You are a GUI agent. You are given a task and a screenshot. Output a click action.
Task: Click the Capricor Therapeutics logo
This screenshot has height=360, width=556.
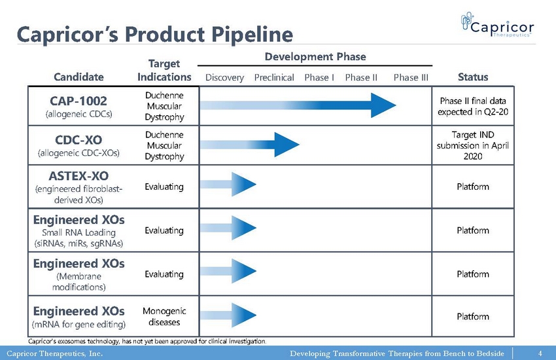click(498, 24)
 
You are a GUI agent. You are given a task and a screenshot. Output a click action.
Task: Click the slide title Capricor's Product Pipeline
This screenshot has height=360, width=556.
click(155, 35)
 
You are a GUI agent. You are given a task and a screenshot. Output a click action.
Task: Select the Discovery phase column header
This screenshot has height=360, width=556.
click(224, 77)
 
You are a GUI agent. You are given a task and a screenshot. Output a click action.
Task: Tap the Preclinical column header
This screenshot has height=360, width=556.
click(274, 77)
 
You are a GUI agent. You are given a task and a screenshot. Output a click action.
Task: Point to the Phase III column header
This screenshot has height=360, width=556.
click(411, 77)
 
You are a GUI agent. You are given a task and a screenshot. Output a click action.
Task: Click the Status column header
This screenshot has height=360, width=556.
click(473, 77)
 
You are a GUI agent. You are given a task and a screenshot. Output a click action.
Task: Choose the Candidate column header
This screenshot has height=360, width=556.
click(78, 77)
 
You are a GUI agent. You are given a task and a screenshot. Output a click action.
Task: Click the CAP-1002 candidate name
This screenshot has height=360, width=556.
click(78, 101)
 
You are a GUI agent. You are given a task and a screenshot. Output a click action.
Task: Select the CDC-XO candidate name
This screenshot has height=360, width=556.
click(78, 140)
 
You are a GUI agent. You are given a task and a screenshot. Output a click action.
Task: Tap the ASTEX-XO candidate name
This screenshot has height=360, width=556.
click(78, 176)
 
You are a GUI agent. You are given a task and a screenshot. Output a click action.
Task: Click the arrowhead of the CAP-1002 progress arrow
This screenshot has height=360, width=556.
click(383, 105)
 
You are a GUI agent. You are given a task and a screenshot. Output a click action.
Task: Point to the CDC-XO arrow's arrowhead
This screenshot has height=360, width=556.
click(287, 145)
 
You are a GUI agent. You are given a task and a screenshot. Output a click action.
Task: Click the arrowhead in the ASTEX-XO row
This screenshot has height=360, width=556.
click(244, 184)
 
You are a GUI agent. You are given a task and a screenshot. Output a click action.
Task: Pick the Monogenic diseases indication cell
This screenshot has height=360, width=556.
click(164, 316)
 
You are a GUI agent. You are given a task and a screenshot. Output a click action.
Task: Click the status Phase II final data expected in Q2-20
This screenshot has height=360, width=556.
click(473, 107)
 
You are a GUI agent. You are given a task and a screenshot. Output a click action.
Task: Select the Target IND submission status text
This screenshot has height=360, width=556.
click(473, 145)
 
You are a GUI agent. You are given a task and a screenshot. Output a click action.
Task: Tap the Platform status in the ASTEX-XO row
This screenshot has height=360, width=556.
click(473, 187)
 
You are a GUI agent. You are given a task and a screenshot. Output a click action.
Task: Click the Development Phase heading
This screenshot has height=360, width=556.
click(315, 57)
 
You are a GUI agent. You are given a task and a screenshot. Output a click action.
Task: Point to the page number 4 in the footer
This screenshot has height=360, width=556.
click(540, 353)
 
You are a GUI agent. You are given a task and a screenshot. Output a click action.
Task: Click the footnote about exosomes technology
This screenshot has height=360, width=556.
click(147, 341)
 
